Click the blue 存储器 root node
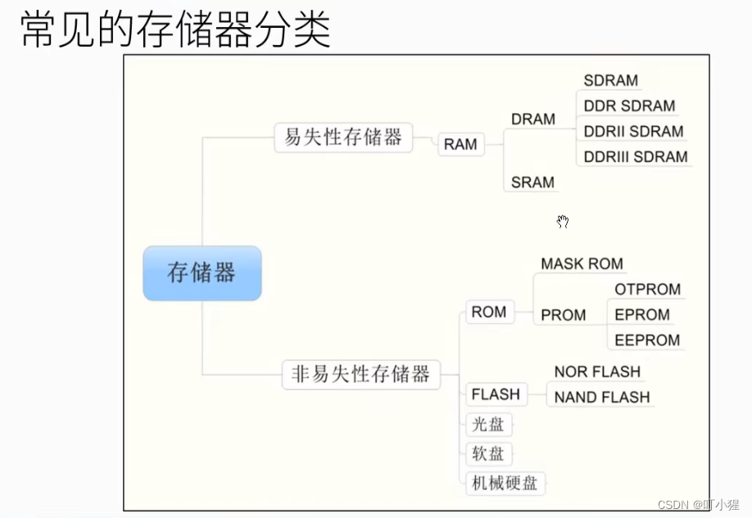[202, 273]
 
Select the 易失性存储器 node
[343, 137]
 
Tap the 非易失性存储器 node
[360, 375]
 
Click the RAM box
[460, 145]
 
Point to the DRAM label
[533, 119]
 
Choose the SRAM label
[532, 182]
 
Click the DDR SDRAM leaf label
[629, 106]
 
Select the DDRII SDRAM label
[633, 132]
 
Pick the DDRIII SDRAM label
[636, 157]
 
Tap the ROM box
[489, 312]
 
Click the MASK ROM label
[582, 264]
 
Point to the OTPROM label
[647, 290]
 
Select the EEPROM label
[647, 340]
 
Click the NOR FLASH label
[597, 372]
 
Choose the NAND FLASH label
[602, 398]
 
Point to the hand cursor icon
[563, 221]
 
